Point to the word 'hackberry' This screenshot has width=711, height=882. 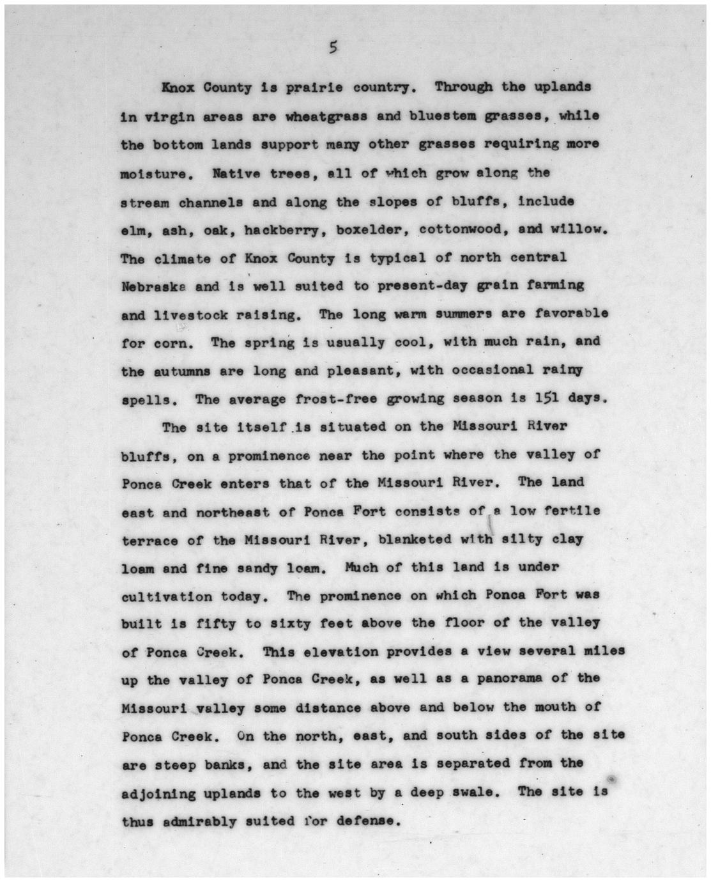click(x=277, y=230)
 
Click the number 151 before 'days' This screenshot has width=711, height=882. click(x=549, y=398)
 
